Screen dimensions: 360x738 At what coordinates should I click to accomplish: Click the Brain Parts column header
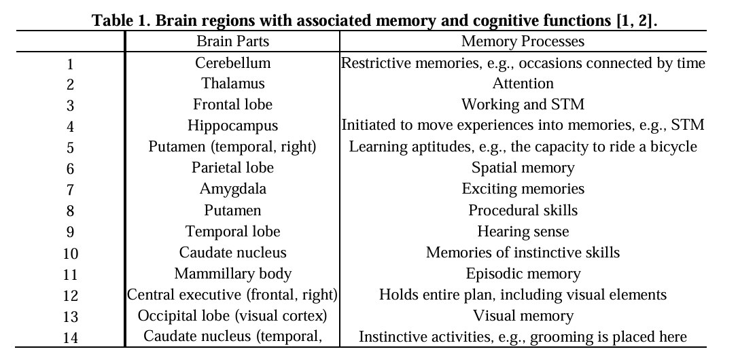(232, 41)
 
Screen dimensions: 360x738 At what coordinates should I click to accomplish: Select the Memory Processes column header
(523, 41)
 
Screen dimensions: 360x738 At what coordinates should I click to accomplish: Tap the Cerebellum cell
(232, 63)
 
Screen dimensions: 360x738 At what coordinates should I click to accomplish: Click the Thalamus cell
(232, 84)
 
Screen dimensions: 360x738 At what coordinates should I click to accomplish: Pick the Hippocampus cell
(232, 126)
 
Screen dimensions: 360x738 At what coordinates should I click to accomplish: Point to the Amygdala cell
(232, 188)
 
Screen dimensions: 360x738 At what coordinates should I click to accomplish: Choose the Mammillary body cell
(232, 274)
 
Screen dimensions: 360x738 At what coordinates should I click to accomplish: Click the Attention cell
(523, 84)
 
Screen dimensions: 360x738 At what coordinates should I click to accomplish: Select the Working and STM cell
(523, 105)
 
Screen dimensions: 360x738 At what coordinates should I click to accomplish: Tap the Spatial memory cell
(523, 167)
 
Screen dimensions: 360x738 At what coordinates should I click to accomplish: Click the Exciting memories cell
(523, 188)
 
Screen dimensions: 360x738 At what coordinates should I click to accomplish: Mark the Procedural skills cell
(523, 210)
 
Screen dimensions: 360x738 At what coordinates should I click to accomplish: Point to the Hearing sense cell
(523, 231)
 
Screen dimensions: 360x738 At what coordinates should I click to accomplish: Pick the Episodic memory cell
(523, 274)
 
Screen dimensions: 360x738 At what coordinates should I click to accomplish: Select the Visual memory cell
(523, 316)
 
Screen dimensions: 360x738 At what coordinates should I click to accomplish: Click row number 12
(70, 296)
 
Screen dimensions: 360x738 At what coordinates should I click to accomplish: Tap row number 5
(70, 148)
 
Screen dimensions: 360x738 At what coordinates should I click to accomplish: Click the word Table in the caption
(113, 20)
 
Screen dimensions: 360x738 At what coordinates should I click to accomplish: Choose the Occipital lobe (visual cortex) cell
(232, 316)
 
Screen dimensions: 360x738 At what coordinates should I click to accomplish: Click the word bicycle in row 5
(673, 147)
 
